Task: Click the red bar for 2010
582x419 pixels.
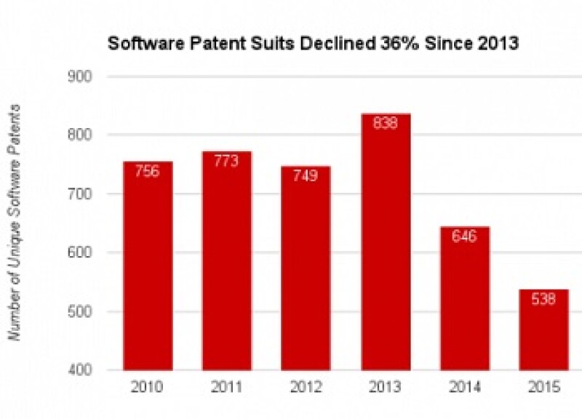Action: click(x=148, y=266)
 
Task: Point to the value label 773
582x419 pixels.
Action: click(x=227, y=161)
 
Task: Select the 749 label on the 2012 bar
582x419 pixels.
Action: click(x=306, y=176)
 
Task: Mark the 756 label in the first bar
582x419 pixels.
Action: click(x=148, y=172)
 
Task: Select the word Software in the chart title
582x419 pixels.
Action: click(x=138, y=44)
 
